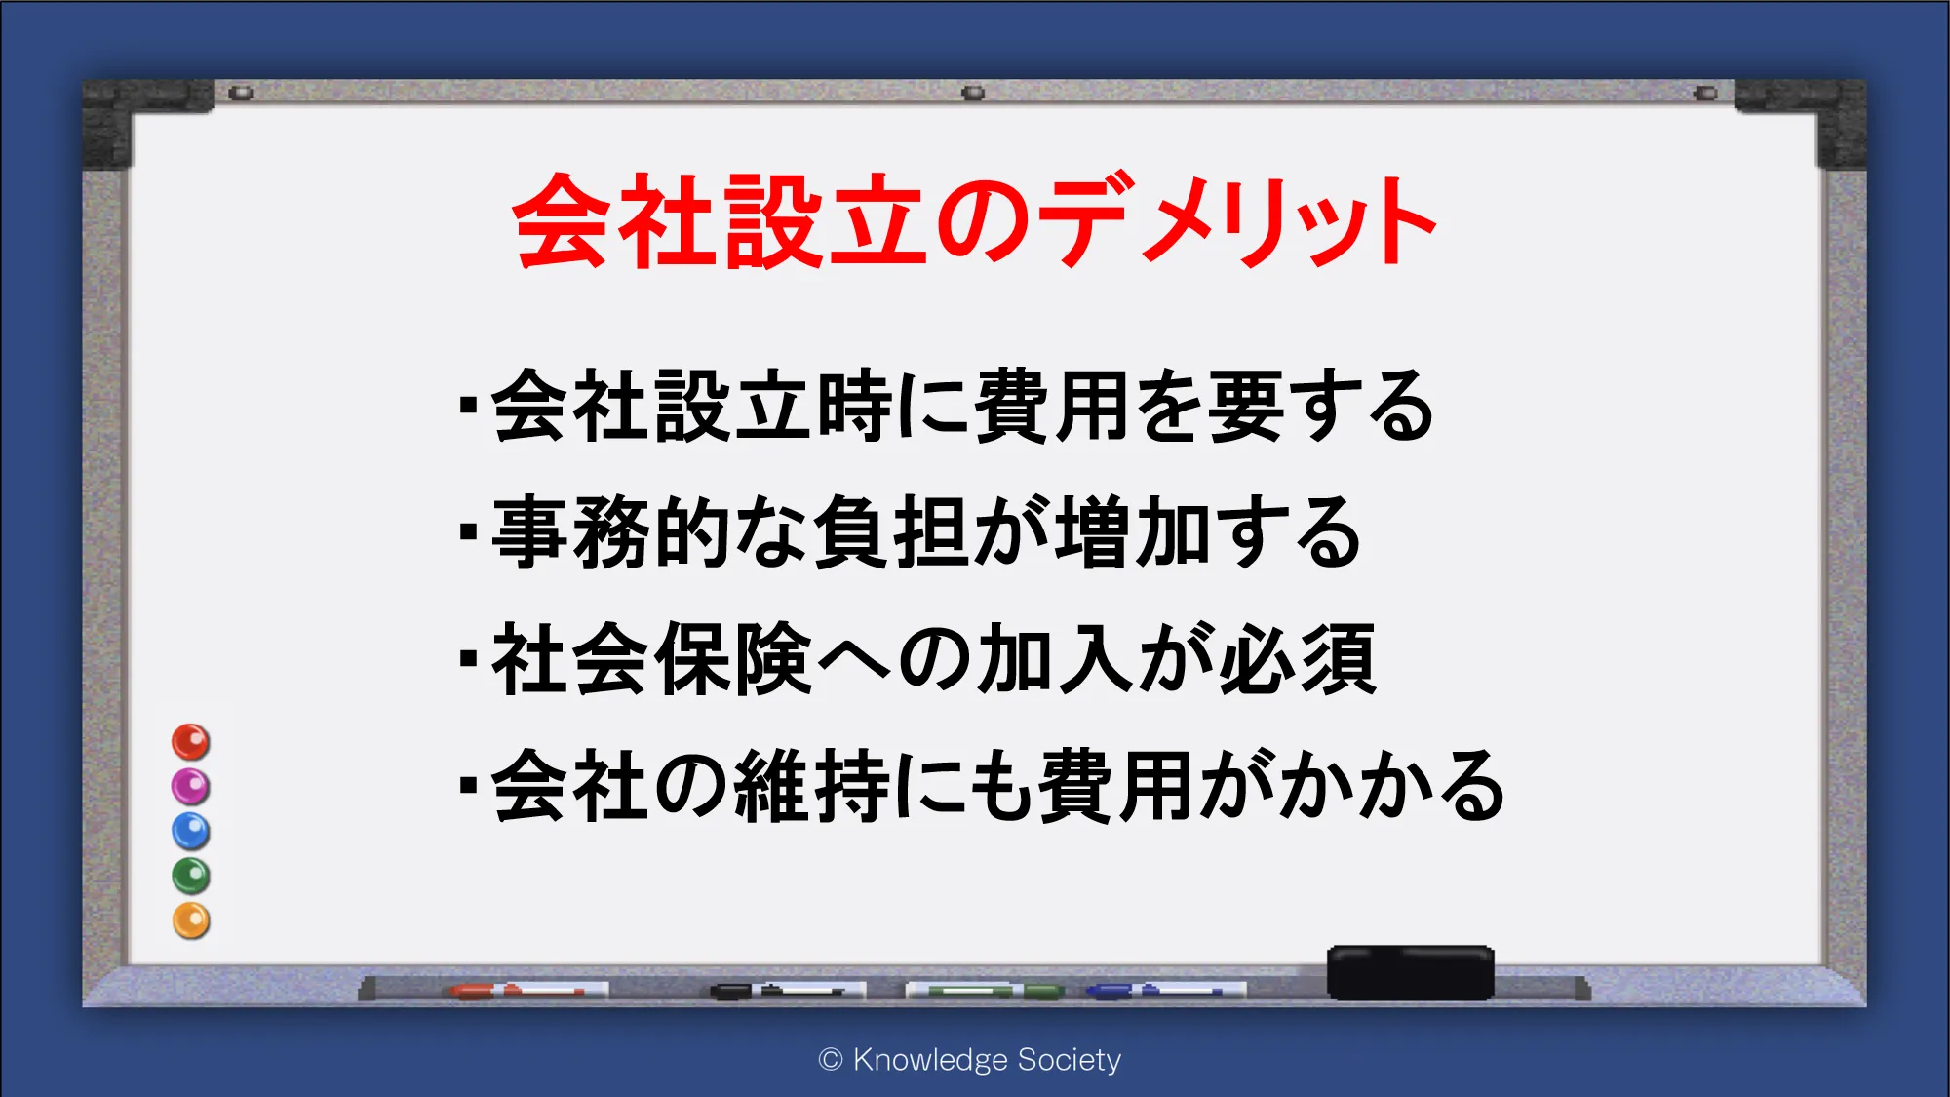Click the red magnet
coord(191,742)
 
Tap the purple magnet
coord(191,787)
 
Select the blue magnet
coord(191,832)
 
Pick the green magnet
coord(191,877)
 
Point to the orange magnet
coord(191,921)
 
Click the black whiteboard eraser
coord(1411,972)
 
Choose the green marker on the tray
coord(985,991)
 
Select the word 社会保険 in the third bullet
coord(651,659)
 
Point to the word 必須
coord(1298,659)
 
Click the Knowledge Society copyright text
coord(970,1059)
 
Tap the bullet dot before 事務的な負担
coord(469,532)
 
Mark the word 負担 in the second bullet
coord(892,532)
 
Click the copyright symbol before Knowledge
coord(831,1060)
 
